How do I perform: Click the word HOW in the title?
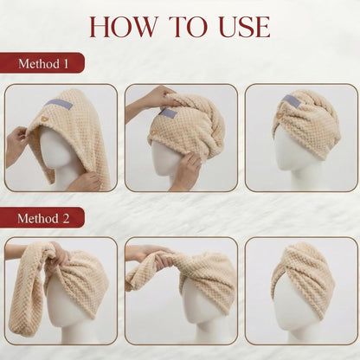click(x=124, y=27)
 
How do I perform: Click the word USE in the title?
click(x=244, y=27)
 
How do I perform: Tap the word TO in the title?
click(x=188, y=27)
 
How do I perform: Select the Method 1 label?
click(x=42, y=63)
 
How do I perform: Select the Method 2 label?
click(x=42, y=218)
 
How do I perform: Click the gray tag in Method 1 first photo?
click(x=59, y=104)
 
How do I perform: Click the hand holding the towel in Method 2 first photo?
click(x=61, y=253)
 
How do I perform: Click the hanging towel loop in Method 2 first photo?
click(x=29, y=288)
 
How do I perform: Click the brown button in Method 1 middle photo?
click(x=154, y=132)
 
